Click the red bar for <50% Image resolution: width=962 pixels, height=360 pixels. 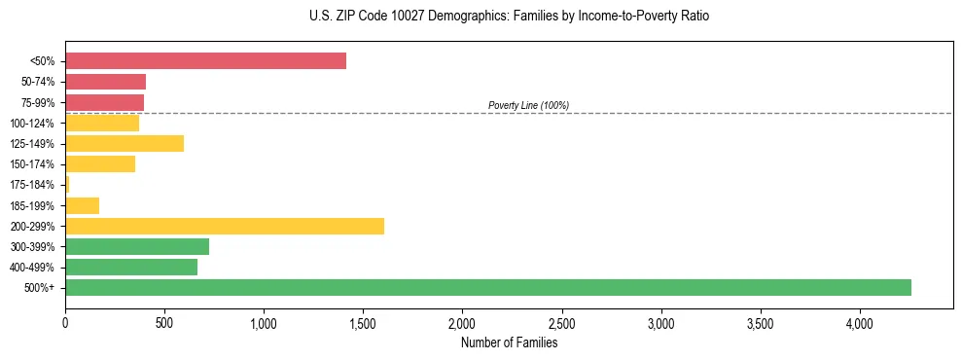pyautogui.click(x=205, y=61)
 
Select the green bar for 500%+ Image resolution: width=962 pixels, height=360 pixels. pyautogui.click(x=487, y=287)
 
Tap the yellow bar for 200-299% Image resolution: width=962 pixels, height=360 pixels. pyautogui.click(x=225, y=226)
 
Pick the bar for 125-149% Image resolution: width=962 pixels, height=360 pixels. pyautogui.click(x=125, y=144)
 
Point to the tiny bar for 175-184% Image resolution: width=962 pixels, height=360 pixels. pyautogui.click(x=67, y=185)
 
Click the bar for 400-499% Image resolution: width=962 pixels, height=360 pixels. pyautogui.click(x=131, y=267)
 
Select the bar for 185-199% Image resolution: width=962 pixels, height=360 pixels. pyautogui.click(x=83, y=205)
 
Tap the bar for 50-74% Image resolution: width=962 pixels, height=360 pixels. pyautogui.click(x=105, y=82)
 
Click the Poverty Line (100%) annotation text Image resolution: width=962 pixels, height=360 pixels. pyautogui.click(x=528, y=105)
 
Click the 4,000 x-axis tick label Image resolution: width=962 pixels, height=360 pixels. pyautogui.click(x=859, y=322)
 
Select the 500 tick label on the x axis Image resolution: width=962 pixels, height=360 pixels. pyautogui.click(x=164, y=322)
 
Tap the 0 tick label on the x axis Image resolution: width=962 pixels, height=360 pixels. pyautogui.click(x=65, y=322)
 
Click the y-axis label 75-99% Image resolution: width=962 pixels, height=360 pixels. pyautogui.click(x=38, y=103)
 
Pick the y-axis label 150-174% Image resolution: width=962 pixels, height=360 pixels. pyautogui.click(x=34, y=164)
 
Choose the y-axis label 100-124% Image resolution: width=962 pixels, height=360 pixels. pyautogui.click(x=34, y=124)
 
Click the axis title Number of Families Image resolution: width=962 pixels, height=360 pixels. pyautogui.click(x=509, y=342)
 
